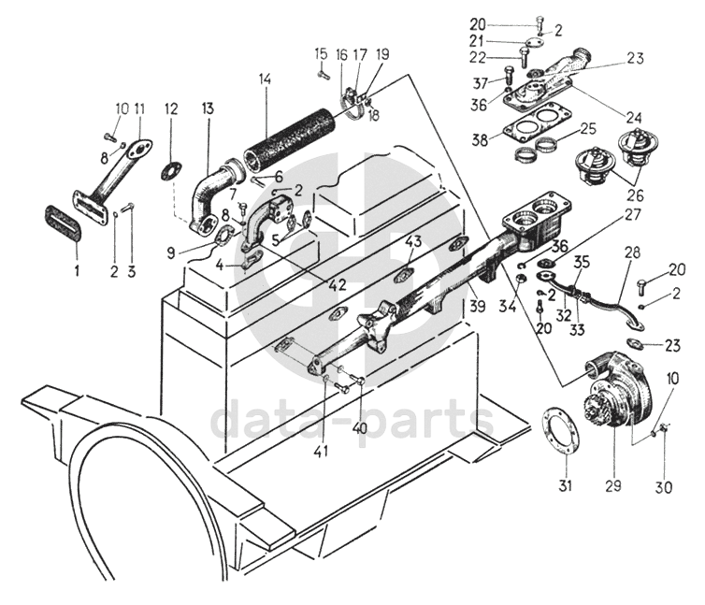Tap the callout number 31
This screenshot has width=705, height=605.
coord(566,485)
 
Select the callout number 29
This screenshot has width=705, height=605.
coord(614,485)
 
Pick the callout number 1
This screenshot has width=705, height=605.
coord(77,271)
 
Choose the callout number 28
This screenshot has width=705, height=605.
coord(631,254)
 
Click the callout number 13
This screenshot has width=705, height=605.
coord(207,108)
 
